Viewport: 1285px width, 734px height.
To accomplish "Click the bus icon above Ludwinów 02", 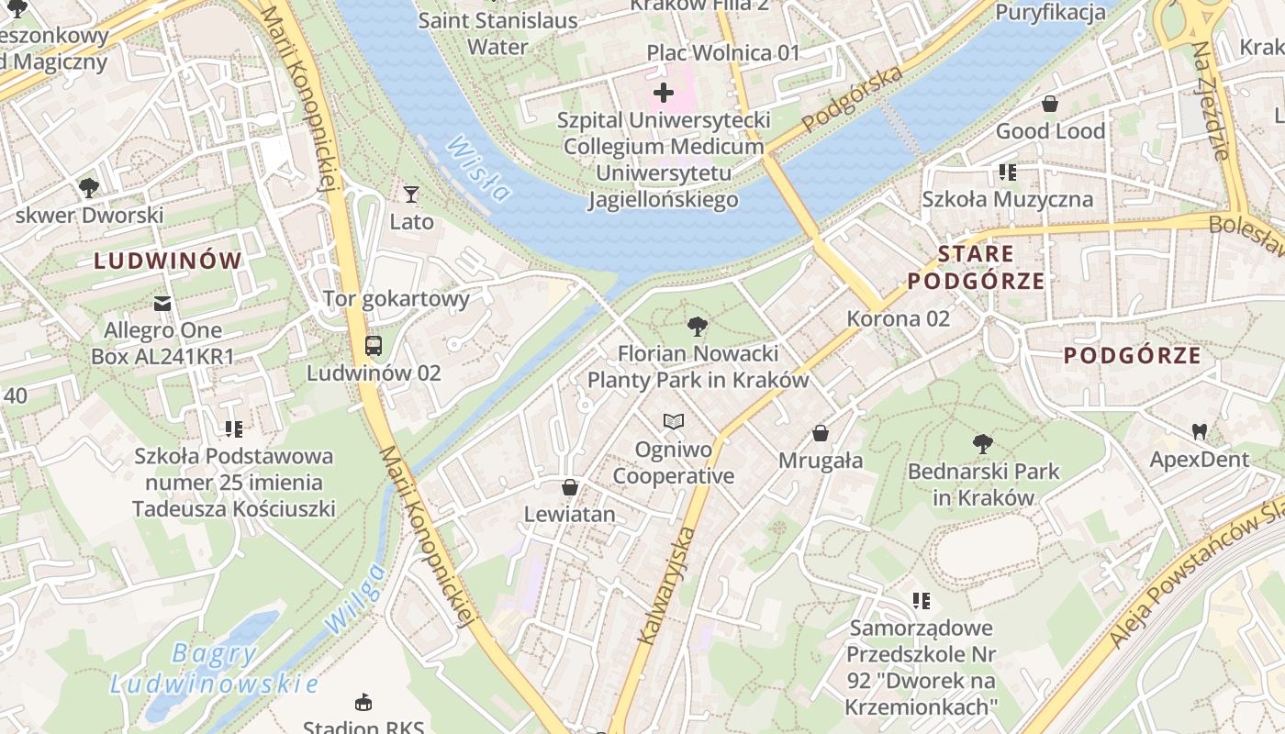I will (x=373, y=346).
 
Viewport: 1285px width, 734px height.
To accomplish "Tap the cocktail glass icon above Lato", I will (x=410, y=194).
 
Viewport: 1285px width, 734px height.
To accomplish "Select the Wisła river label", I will (x=480, y=170).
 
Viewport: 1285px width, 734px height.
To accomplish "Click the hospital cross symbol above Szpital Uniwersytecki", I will (x=663, y=93).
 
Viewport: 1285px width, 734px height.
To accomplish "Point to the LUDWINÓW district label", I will (x=168, y=261).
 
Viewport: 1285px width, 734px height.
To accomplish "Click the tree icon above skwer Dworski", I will (x=88, y=188).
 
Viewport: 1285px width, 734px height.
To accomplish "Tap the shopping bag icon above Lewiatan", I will (x=569, y=487).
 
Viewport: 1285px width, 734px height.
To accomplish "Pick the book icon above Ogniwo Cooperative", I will (x=674, y=421).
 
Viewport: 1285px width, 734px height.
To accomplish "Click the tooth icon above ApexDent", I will (x=1199, y=430).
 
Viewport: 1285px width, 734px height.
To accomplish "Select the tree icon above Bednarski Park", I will (x=982, y=444).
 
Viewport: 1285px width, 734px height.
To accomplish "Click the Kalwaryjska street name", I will (x=674, y=587).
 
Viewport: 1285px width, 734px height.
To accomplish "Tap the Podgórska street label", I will (x=852, y=99).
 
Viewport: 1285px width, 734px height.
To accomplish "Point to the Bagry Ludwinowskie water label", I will (x=215, y=669).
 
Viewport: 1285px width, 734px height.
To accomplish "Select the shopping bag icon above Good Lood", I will (x=1049, y=104).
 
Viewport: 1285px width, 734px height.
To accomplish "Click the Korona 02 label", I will (x=898, y=318).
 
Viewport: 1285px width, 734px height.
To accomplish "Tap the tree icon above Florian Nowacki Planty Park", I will (x=697, y=326).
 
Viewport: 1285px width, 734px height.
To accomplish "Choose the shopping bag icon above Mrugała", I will (x=820, y=433).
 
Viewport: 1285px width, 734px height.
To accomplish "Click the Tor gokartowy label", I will (x=396, y=298).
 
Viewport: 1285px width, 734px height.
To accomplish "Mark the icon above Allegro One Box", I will (x=162, y=303).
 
